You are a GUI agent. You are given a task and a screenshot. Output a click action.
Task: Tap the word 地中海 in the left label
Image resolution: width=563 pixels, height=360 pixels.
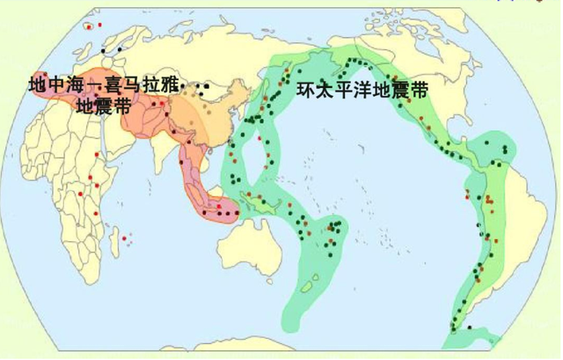pyautogui.click(x=54, y=86)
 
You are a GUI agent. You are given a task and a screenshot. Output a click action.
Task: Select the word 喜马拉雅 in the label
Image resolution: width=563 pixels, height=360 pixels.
pyautogui.click(x=141, y=86)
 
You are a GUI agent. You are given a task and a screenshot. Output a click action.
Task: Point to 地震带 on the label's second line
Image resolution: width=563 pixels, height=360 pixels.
pyautogui.click(x=104, y=107)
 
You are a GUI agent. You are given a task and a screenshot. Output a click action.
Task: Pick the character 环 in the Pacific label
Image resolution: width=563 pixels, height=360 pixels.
pyautogui.click(x=306, y=89)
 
